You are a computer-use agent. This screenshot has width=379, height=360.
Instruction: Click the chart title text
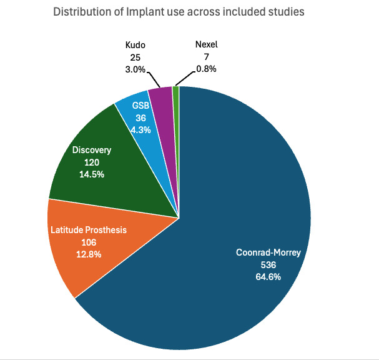click(179, 12)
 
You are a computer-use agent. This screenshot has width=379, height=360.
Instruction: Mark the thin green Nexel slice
click(176, 92)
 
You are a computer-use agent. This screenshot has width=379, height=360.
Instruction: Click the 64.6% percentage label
click(268, 276)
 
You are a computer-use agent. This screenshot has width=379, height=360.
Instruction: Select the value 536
click(268, 264)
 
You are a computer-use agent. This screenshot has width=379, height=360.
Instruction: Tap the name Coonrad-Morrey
click(268, 253)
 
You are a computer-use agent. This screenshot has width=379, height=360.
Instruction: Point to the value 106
click(88, 242)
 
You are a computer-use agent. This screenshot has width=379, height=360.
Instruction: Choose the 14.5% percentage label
click(92, 174)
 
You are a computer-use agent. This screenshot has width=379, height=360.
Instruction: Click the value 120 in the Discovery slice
click(92, 162)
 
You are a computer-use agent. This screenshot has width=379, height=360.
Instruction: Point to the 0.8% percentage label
click(206, 69)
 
